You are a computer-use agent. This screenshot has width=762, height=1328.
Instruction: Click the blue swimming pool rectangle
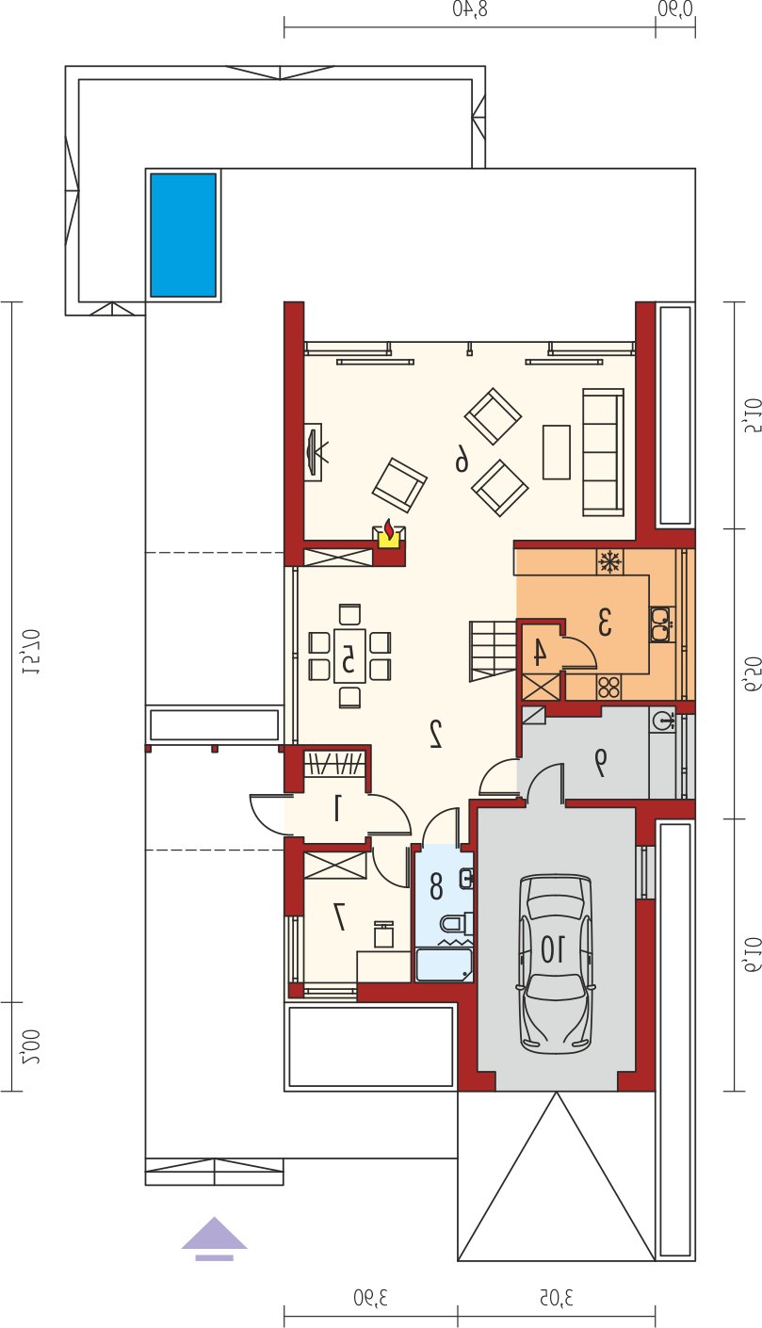pos(184,235)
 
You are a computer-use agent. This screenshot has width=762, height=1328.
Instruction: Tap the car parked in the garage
pos(556,964)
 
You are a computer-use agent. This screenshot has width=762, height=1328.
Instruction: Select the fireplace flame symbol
pos(389,531)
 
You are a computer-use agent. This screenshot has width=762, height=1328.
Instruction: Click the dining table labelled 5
pos(349,656)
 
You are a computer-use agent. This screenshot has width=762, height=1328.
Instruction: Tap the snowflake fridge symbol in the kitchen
pos(609,561)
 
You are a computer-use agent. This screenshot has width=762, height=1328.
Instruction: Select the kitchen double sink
pos(661,624)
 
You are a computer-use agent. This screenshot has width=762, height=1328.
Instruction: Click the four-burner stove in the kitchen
pos(609,688)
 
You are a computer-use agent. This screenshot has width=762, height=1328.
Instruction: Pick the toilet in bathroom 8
pos(456,924)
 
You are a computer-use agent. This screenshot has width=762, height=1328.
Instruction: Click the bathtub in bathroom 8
pos(445,964)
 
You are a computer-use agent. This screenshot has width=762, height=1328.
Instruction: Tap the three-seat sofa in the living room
pos(604,452)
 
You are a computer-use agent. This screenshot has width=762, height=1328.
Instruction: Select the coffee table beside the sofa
pos(557,452)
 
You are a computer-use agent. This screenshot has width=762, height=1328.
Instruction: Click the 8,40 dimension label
pos(470,9)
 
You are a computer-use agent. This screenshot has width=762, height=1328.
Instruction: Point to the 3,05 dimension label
pos(557,1298)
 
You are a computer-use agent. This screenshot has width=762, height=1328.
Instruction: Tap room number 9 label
pos(601,762)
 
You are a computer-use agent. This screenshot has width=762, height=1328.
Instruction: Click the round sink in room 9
pos(663,721)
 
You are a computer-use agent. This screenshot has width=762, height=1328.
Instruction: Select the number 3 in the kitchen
pos(605,622)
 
